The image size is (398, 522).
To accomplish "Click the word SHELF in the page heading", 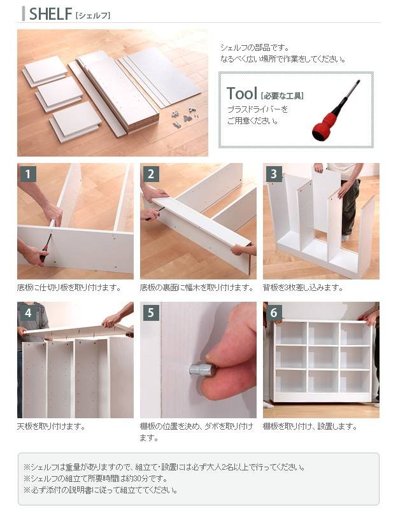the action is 50,13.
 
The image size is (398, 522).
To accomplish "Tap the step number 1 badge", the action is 28,174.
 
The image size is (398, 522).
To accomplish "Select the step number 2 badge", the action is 151,174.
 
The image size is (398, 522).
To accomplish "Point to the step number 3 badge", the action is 274,174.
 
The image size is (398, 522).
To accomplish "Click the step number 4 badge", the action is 28,313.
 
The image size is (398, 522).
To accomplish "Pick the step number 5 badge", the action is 151,313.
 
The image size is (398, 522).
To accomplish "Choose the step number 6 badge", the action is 274,313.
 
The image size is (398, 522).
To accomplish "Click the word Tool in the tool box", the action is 242,94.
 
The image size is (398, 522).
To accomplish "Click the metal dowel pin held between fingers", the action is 201,369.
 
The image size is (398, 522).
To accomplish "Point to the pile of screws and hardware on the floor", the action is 184,117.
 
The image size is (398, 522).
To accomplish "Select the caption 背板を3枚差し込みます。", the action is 302,288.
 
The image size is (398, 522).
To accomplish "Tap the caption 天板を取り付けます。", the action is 52,427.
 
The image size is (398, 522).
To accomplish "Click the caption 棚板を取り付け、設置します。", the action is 309,427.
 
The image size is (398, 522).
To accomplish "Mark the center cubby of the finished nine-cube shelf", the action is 323,357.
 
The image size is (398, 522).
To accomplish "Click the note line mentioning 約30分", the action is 96,479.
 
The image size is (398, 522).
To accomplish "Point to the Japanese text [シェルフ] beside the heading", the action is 93,15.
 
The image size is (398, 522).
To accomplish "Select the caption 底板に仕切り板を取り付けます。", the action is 69,288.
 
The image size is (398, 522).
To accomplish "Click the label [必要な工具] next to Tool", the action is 281,96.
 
